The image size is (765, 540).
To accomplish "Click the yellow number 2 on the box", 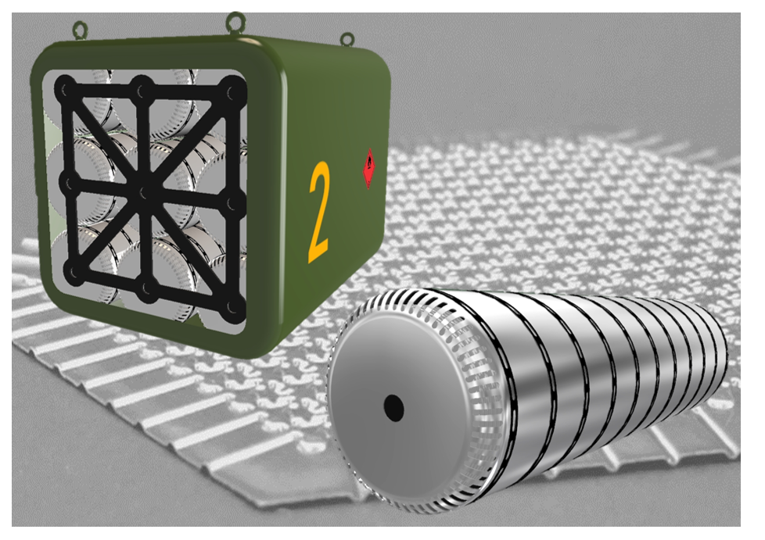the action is click(x=320, y=213).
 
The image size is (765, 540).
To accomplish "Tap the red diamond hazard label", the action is click(x=369, y=168).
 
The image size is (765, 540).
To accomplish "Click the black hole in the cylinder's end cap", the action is click(x=393, y=408).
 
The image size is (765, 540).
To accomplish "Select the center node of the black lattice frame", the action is click(x=145, y=191).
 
